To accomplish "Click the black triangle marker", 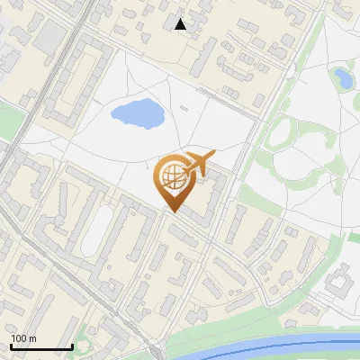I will (x=181, y=24).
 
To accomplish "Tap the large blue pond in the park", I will (x=136, y=113).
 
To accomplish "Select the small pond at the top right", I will (x=342, y=77).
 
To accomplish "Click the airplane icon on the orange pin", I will (x=200, y=165).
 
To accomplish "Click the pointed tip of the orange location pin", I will (x=172, y=212).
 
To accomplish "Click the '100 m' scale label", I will (x=24, y=338).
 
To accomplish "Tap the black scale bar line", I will (x=41, y=346).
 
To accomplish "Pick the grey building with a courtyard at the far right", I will (x=340, y=284).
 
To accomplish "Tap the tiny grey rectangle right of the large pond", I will (x=184, y=109).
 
